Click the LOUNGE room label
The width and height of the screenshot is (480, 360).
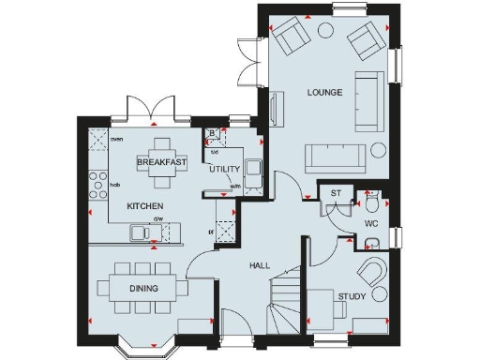323,93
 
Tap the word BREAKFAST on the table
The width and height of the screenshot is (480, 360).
161,162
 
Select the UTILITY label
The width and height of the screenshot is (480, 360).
225,170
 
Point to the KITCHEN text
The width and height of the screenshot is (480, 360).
145,205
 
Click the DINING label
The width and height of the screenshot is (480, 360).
143,288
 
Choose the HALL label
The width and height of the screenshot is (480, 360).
260,265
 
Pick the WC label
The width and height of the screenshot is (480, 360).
370,224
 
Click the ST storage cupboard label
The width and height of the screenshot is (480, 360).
336,195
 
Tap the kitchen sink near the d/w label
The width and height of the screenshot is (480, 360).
142,231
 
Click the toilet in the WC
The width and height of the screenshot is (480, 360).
372,203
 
